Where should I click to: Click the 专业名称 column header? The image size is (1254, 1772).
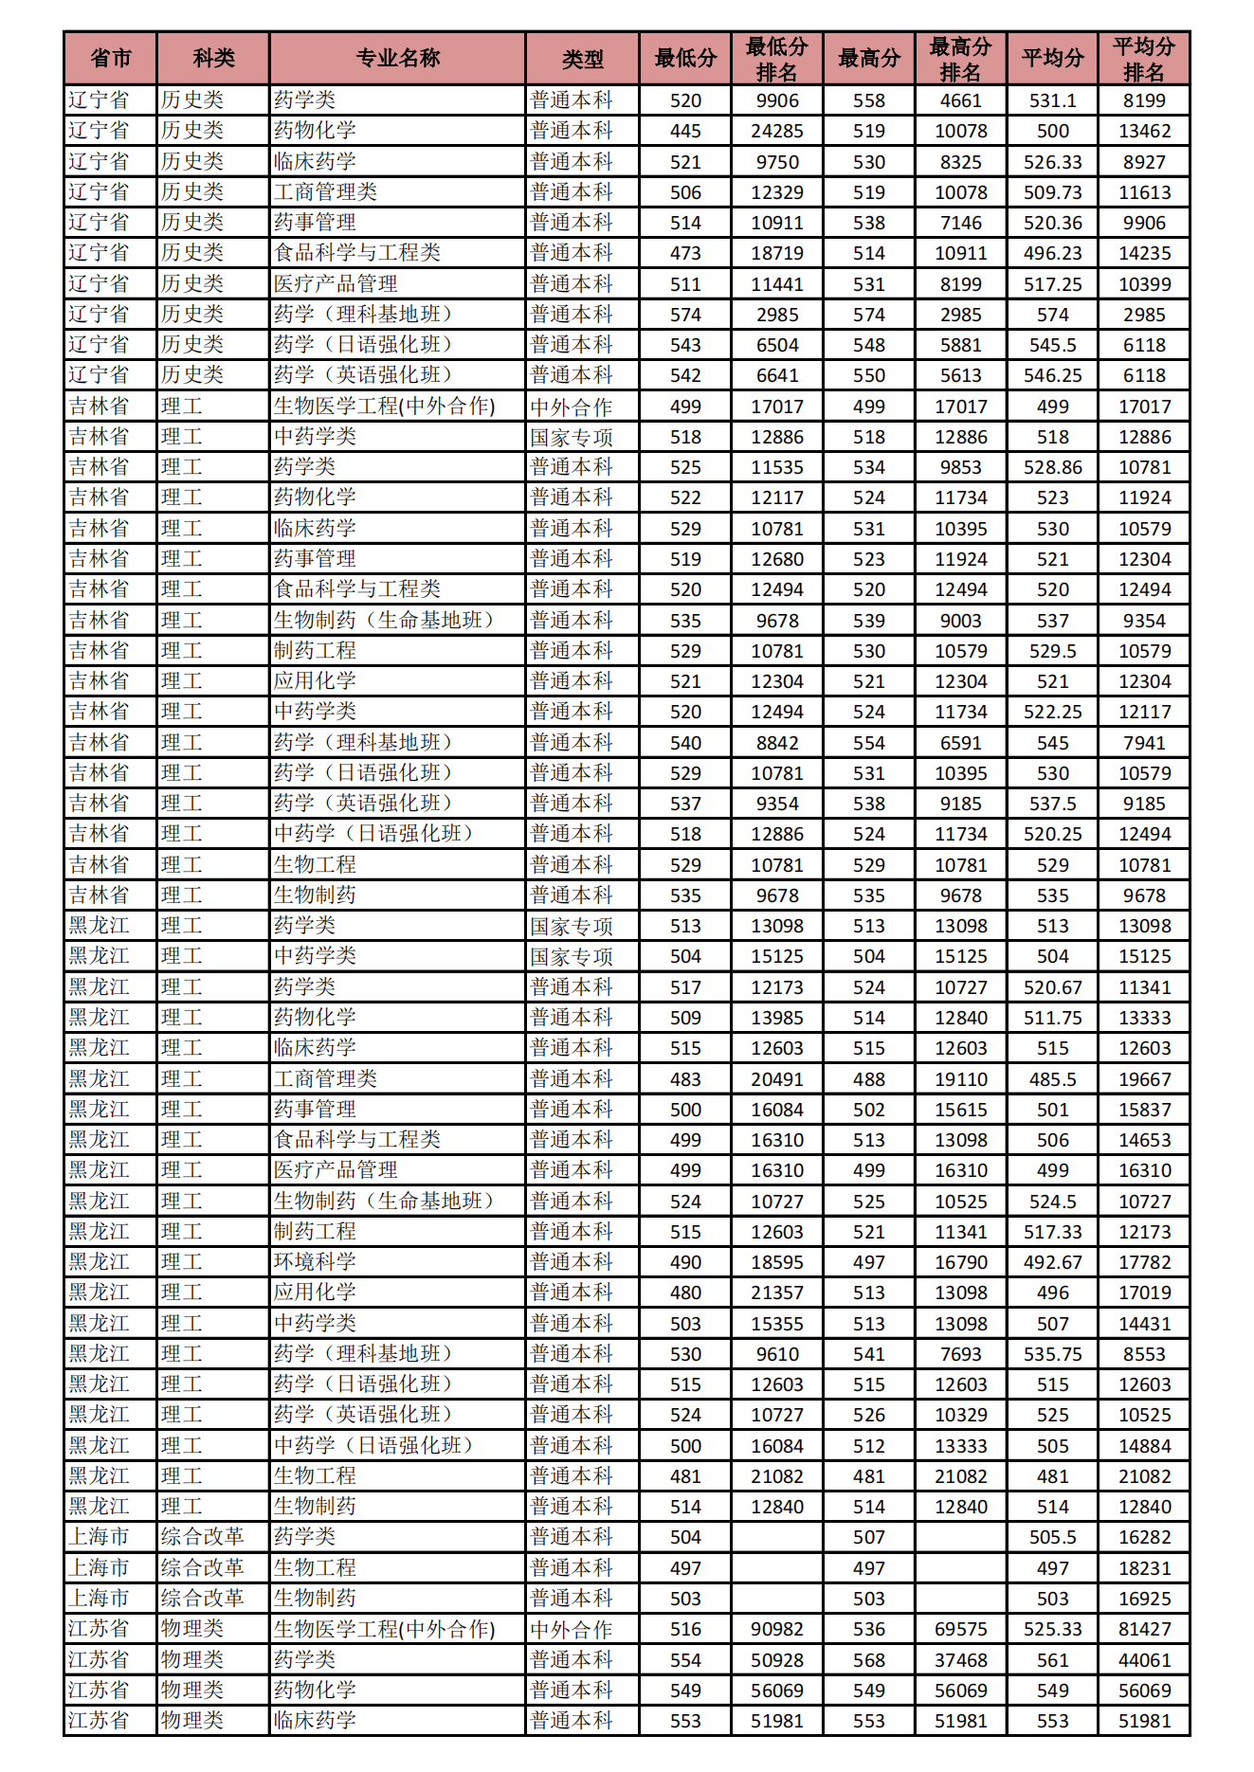(397, 59)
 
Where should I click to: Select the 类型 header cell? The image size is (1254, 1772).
(582, 59)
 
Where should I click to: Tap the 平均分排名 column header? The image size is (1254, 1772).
(1143, 59)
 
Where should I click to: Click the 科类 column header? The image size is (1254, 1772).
(213, 59)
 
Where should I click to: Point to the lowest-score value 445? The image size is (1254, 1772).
(685, 131)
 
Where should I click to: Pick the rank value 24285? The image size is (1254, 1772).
(777, 131)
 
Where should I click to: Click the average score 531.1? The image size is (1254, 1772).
(1052, 100)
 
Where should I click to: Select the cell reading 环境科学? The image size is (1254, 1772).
(315, 1262)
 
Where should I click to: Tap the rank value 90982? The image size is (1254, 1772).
(777, 1629)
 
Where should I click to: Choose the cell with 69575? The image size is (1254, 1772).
(960, 1629)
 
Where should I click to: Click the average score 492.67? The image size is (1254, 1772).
(1052, 1262)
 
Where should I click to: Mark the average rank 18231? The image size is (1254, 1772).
(1144, 1568)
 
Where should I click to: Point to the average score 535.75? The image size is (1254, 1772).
(1052, 1354)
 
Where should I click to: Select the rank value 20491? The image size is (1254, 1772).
(777, 1079)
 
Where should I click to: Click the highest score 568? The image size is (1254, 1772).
(868, 1660)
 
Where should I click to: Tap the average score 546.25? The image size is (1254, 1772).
(1052, 375)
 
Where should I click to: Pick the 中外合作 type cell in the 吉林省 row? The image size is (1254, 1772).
(572, 407)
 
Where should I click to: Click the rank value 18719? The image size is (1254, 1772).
(777, 253)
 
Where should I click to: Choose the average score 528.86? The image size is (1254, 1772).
(1052, 467)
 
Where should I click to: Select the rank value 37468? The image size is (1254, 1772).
(960, 1660)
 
